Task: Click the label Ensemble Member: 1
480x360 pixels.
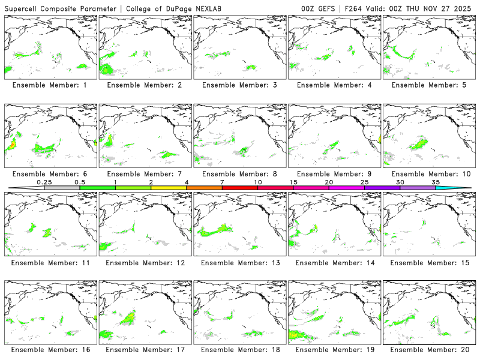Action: pos(49,85)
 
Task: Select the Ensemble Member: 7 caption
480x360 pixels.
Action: pos(144,174)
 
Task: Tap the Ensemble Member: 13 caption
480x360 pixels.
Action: pos(239,262)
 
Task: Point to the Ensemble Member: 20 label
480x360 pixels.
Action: pos(428,350)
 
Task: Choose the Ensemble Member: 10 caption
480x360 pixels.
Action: pos(428,174)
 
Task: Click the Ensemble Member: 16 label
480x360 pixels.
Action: pos(49,350)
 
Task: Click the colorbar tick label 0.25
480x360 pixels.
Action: pos(44,182)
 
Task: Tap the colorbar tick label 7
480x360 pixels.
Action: pos(222,182)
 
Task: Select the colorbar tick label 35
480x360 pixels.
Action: pos(436,182)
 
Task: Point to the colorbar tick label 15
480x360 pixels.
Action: pos(293,182)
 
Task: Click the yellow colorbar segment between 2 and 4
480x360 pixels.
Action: pos(169,188)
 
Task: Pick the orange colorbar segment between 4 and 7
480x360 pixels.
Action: pos(204,188)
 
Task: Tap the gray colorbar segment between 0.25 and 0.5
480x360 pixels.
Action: pos(62,188)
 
